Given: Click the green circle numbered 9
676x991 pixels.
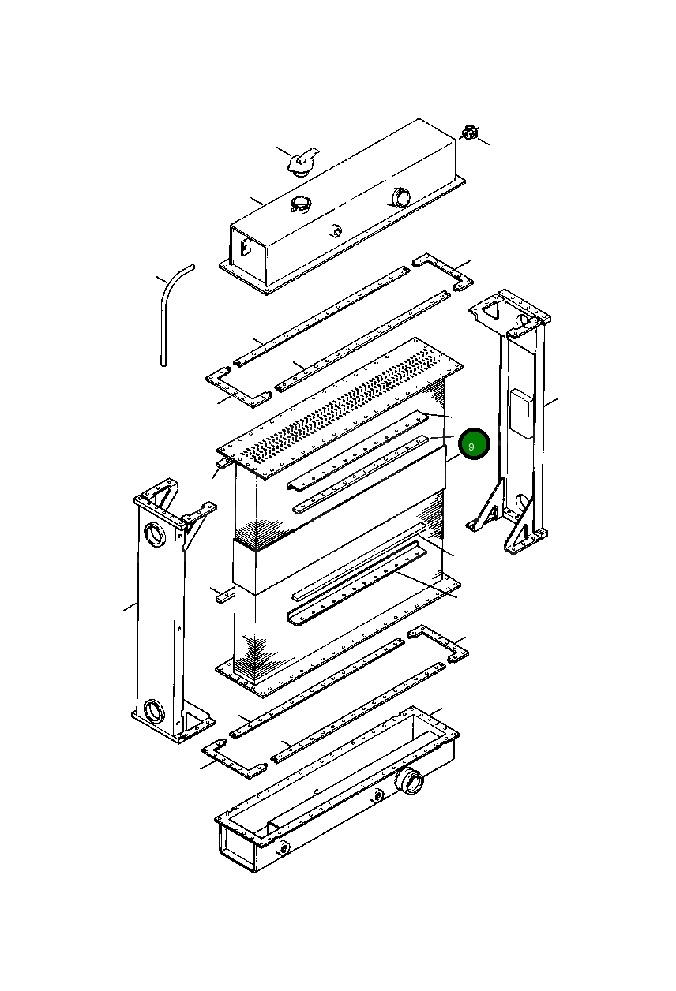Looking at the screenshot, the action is (474, 443).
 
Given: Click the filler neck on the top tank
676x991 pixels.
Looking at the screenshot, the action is (301, 204).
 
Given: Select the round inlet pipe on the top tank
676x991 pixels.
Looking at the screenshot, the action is (400, 197).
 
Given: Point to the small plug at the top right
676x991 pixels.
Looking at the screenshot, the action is (469, 133).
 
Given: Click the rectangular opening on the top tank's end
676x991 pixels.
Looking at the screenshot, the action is (246, 248).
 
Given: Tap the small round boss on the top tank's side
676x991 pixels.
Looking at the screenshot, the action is (335, 230).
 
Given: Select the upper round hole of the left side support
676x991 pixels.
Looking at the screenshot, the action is (155, 534).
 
